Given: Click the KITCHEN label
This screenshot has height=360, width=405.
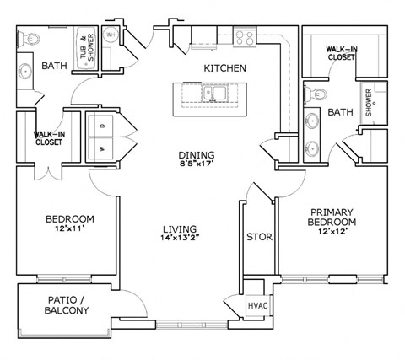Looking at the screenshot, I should pos(224,67).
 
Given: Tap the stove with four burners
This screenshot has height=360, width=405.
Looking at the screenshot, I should pos(245,37).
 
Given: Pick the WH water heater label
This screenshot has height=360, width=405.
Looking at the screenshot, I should pos(111,35).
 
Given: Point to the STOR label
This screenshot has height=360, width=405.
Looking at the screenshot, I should pos(259,237).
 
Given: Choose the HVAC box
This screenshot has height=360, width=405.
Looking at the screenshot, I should pos(256,306).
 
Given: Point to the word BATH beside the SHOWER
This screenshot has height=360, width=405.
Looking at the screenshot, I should pos(340,112).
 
